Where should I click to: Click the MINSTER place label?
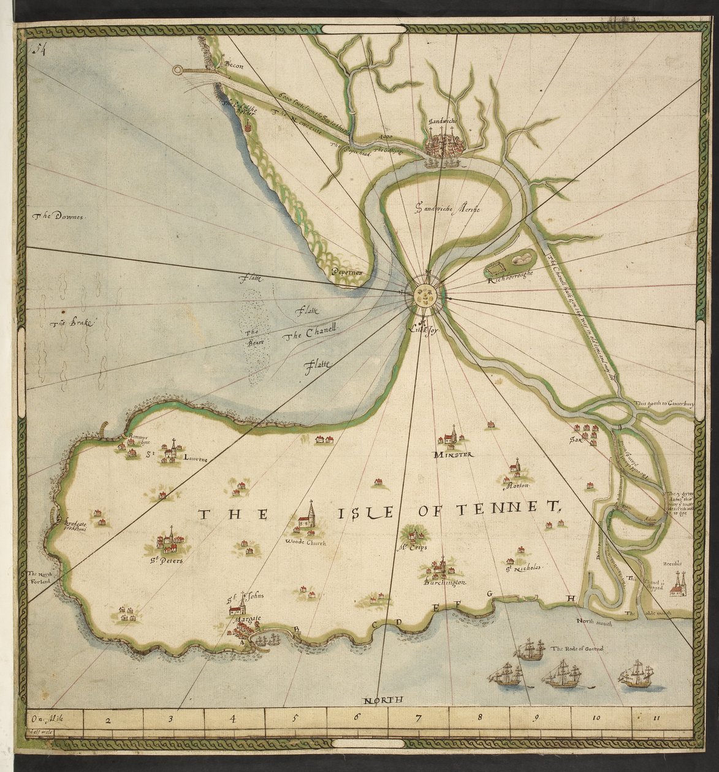(452, 455)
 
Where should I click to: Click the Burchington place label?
(445, 583)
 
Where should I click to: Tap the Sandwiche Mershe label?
(447, 209)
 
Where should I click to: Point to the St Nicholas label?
(525, 569)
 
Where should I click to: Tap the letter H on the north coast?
(570, 598)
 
